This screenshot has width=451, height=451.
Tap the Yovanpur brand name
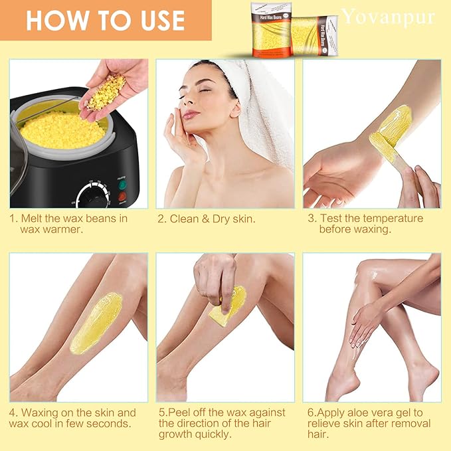389,16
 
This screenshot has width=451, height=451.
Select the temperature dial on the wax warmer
92,197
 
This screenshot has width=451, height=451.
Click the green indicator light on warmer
123,187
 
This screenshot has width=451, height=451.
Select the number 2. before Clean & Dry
162,219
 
